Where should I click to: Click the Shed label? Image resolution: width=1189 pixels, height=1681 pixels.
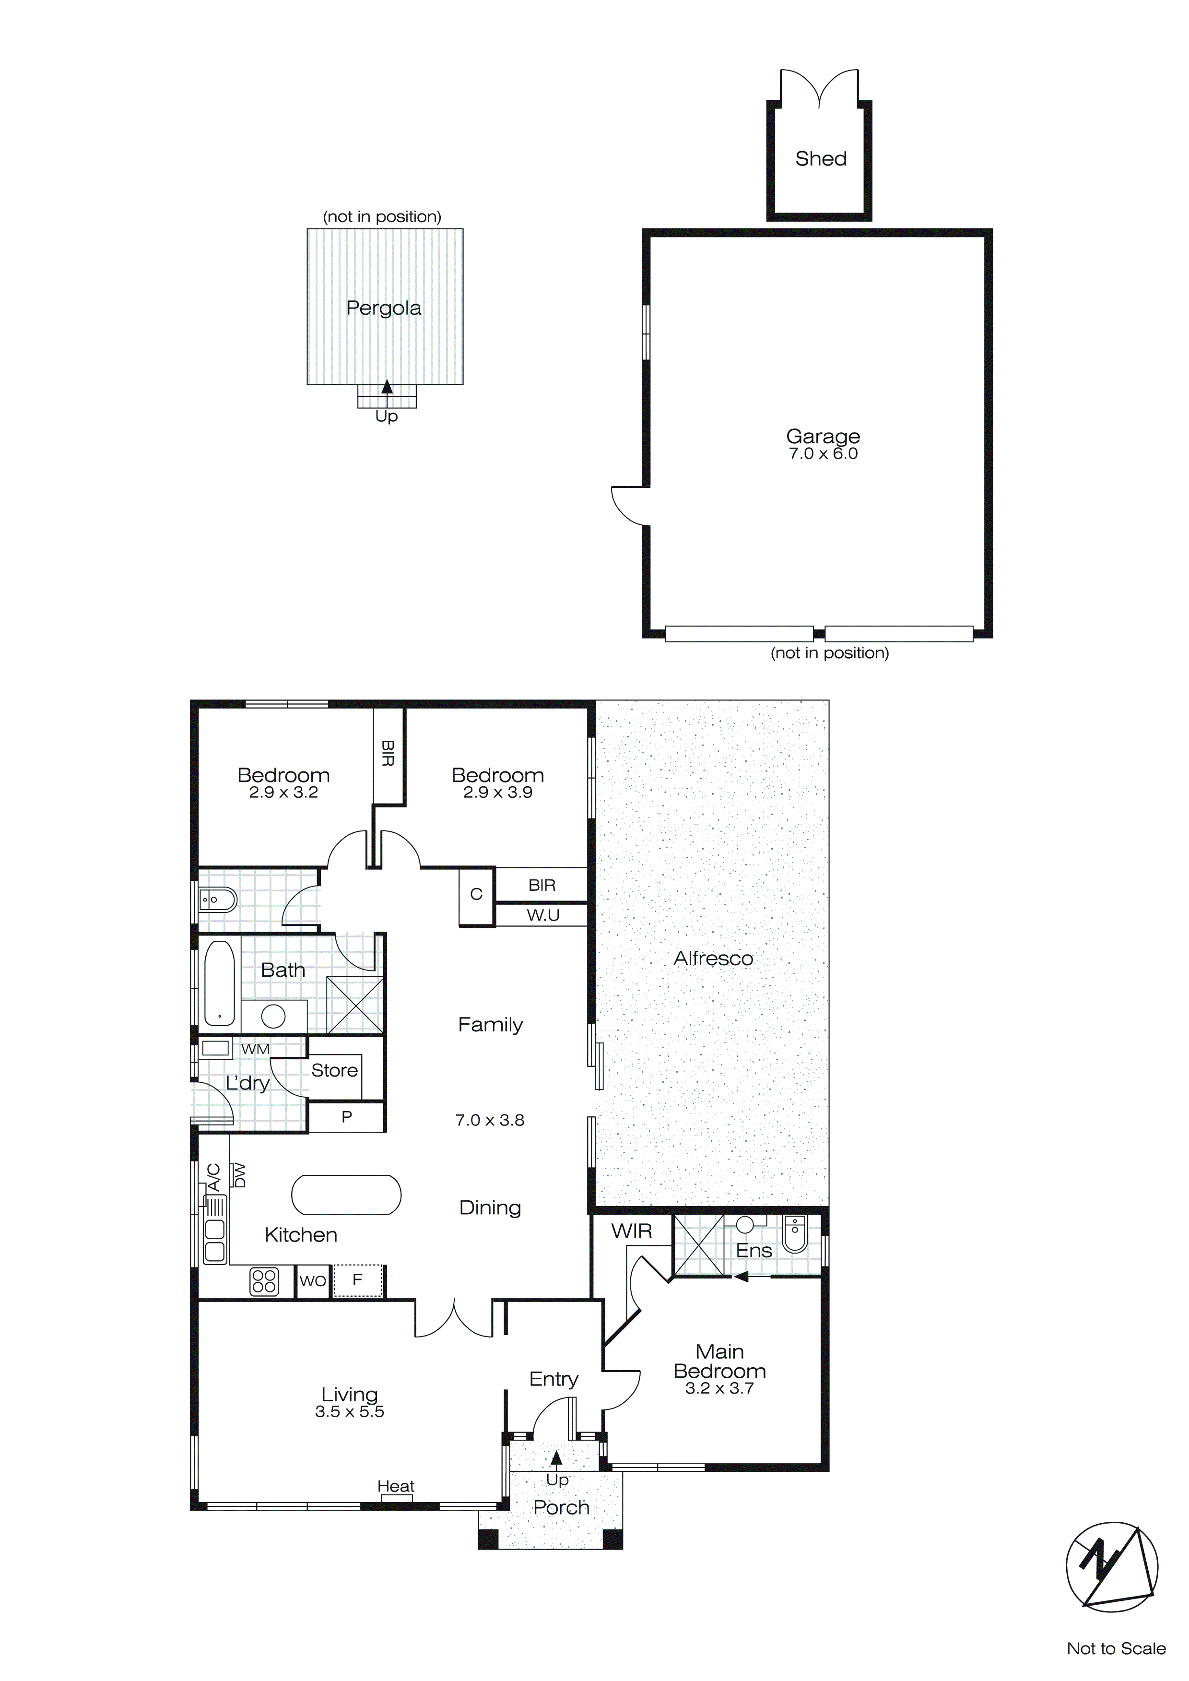pos(821,159)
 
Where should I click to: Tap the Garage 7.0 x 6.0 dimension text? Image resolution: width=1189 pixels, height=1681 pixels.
pos(823,454)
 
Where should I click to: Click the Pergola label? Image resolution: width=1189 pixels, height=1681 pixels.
pos(384,308)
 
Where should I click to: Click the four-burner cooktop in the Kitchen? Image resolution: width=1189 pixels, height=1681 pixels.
pos(264,1281)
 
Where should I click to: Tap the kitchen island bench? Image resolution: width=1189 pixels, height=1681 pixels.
pos(346,1195)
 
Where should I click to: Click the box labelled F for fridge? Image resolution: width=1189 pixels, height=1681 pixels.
pos(358,1280)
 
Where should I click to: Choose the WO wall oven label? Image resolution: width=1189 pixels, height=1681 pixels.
pos(313,1281)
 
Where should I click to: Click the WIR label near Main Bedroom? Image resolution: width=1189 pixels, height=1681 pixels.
pos(631,1231)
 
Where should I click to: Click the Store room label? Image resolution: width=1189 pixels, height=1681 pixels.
pos(335,1070)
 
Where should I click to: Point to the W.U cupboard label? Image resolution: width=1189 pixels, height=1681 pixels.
pos(542,915)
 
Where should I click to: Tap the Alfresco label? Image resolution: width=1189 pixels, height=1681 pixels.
pos(713,959)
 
